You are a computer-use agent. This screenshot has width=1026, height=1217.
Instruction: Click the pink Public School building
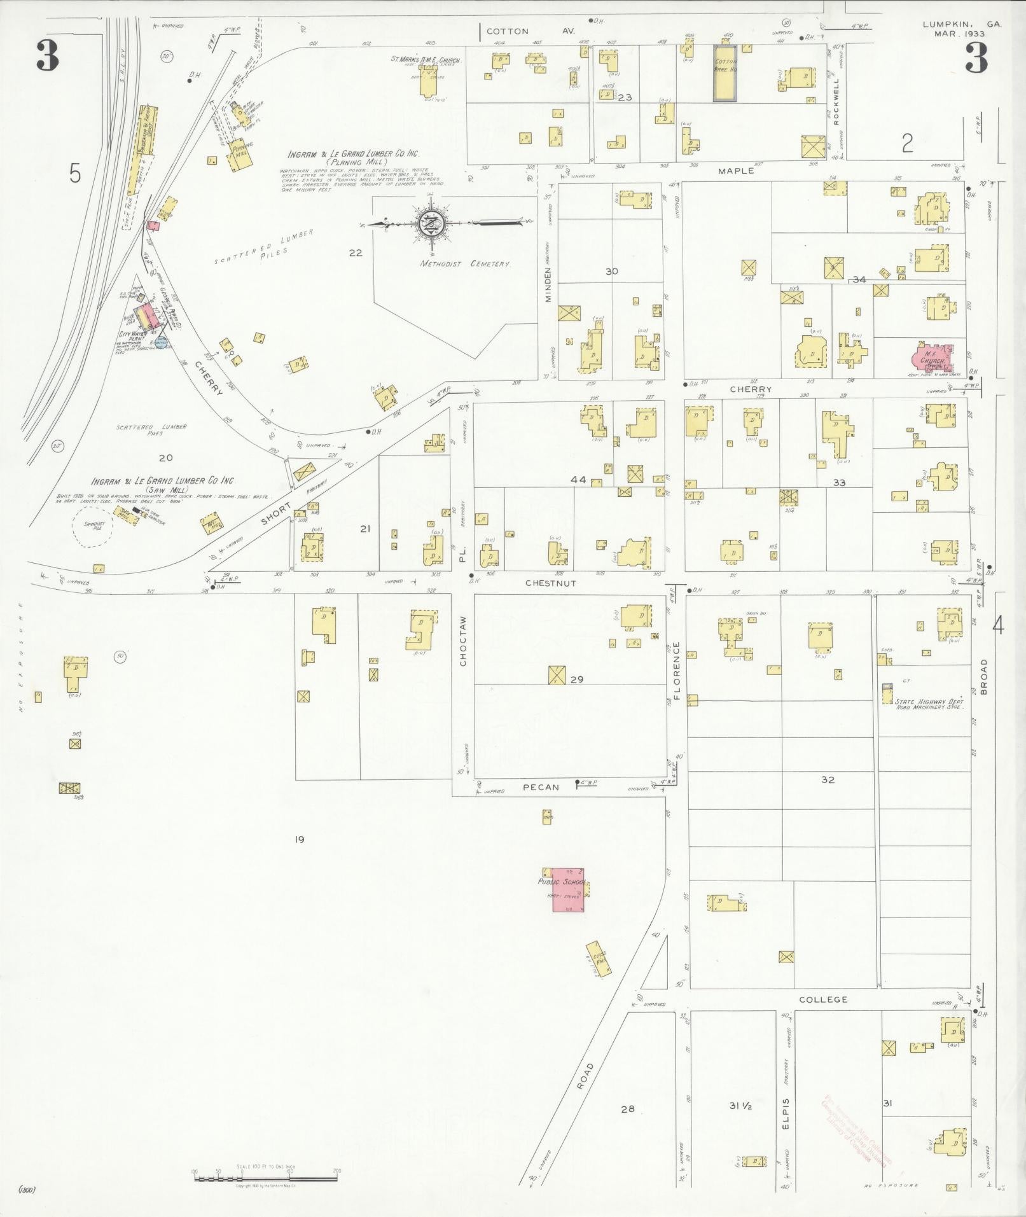click(x=568, y=889)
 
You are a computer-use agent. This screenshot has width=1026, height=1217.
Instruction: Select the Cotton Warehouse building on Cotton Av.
click(x=724, y=73)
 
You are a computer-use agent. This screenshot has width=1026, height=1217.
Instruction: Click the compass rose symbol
click(x=431, y=223)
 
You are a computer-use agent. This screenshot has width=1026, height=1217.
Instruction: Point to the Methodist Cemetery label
click(x=465, y=264)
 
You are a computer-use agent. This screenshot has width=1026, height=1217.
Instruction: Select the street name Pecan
click(x=541, y=787)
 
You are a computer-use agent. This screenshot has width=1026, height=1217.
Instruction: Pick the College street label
click(x=823, y=999)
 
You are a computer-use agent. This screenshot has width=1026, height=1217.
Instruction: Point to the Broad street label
click(x=984, y=676)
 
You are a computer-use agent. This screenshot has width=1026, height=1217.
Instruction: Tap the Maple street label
click(x=736, y=170)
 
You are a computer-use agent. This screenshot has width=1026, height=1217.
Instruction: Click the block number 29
click(x=577, y=679)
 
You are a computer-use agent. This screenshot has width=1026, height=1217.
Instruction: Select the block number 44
click(x=578, y=480)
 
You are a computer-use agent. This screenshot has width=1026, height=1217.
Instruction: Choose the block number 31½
click(x=740, y=1106)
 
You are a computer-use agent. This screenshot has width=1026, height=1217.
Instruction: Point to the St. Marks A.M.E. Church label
click(x=425, y=60)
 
